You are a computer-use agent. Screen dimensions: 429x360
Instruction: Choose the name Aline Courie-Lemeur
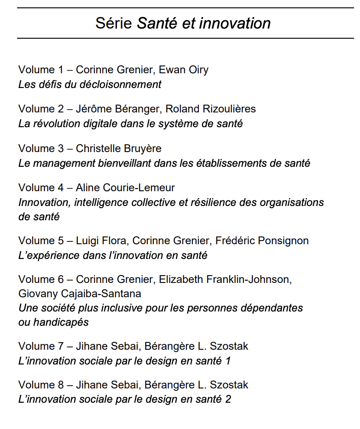[x=126, y=188]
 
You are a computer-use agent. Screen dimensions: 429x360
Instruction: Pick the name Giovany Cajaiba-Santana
[x=80, y=294]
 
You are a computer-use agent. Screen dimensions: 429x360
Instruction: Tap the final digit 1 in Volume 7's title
[x=227, y=361]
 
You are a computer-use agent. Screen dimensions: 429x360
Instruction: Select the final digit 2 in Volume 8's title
[x=228, y=399]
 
